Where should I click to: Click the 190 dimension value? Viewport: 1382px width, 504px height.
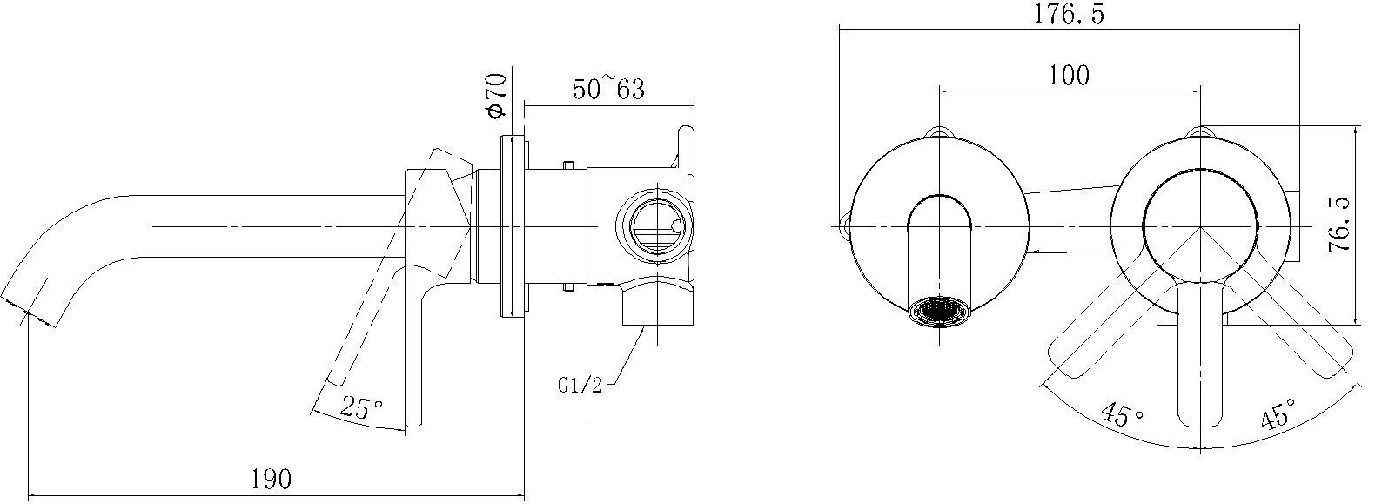point(272,479)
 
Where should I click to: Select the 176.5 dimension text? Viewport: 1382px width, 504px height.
point(1069,14)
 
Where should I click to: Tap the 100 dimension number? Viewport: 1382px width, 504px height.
point(1070,75)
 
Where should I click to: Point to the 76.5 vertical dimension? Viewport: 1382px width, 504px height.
point(1338,225)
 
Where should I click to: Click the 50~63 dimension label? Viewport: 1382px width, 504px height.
point(608,88)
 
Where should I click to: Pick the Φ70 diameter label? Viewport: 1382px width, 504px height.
point(495,95)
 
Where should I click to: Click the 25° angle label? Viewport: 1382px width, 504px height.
point(361,407)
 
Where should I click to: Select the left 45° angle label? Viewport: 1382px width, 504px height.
point(1122,414)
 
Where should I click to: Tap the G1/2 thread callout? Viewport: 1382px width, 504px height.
point(580,386)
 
